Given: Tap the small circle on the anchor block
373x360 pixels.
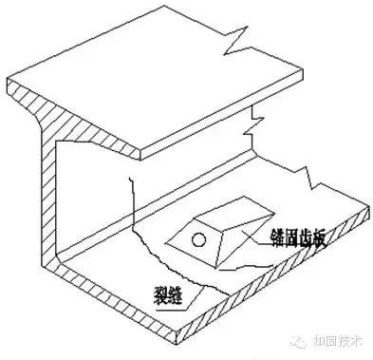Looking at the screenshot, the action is pyautogui.click(x=199, y=237).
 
